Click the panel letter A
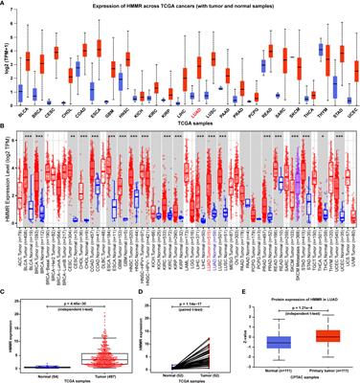[5, 5]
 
